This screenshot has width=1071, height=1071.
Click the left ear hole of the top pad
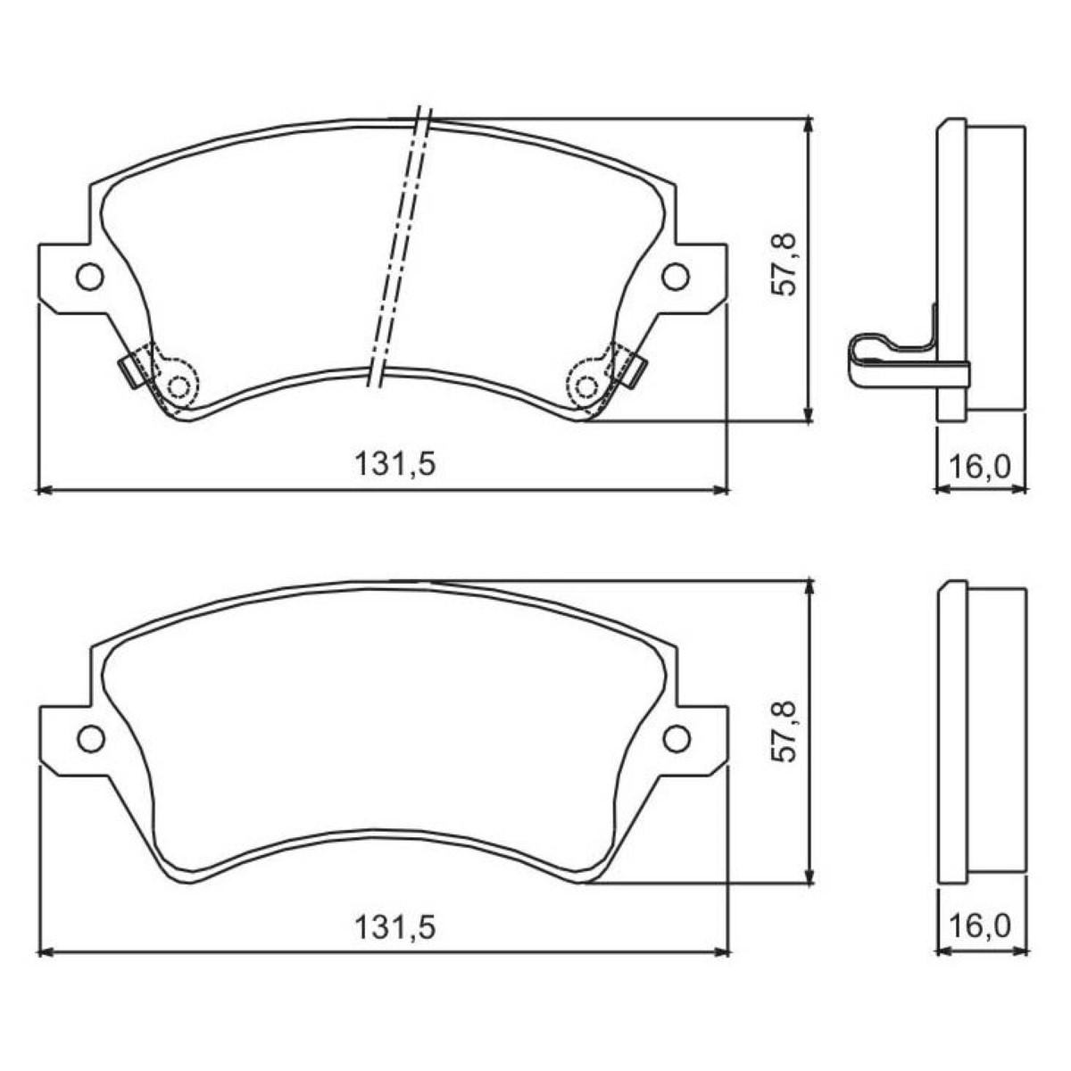(x=90, y=277)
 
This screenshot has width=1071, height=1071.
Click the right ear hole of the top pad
(x=676, y=276)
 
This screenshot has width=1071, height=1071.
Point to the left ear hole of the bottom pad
(x=91, y=738)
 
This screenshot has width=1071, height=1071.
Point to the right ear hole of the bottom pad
(x=677, y=738)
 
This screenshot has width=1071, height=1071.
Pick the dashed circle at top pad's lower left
(x=180, y=386)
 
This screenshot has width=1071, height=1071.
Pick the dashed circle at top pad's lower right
(x=586, y=386)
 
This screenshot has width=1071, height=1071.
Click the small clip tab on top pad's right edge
(x=635, y=370)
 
